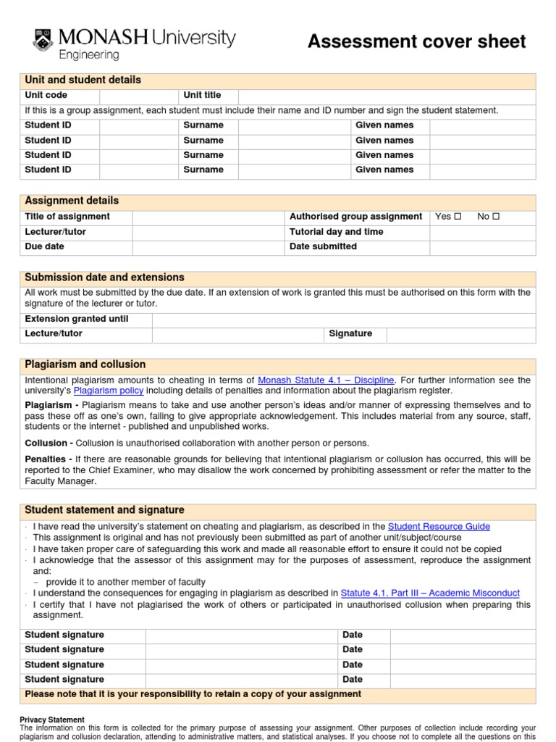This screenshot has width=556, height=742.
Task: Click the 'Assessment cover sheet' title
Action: (x=416, y=42)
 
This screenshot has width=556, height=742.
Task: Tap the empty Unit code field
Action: (x=139, y=96)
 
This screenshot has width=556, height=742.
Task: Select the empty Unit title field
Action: (x=387, y=96)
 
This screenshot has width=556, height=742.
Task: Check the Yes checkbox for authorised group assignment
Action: (x=458, y=217)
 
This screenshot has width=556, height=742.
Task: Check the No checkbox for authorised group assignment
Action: (x=496, y=217)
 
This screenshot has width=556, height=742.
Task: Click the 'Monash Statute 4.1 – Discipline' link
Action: (x=326, y=380)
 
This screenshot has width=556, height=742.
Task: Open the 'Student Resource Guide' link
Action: (x=439, y=527)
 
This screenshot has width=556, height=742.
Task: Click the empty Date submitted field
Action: (x=482, y=247)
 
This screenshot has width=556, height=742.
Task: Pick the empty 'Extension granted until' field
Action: (x=343, y=319)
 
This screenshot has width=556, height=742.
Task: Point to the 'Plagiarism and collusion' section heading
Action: (x=85, y=364)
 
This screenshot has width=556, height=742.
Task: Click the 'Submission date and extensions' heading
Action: (x=105, y=278)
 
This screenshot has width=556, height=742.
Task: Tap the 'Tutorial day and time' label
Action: (x=337, y=232)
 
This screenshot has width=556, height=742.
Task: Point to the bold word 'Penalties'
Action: (x=46, y=459)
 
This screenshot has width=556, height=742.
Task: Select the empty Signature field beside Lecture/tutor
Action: (x=461, y=334)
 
